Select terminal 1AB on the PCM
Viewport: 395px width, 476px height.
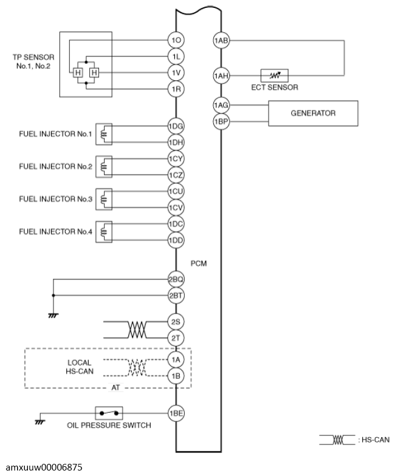[x=221, y=41]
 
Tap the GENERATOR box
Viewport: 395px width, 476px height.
[x=313, y=114]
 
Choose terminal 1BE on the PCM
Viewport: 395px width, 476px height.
[x=176, y=413]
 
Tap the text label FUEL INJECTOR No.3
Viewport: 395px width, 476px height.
[x=56, y=199]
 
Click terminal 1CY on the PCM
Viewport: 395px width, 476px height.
[x=176, y=159]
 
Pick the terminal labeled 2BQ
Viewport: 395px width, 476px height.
[x=176, y=279]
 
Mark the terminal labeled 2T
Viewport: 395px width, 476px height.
[x=176, y=337]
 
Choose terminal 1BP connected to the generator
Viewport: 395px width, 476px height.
[x=221, y=121]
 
